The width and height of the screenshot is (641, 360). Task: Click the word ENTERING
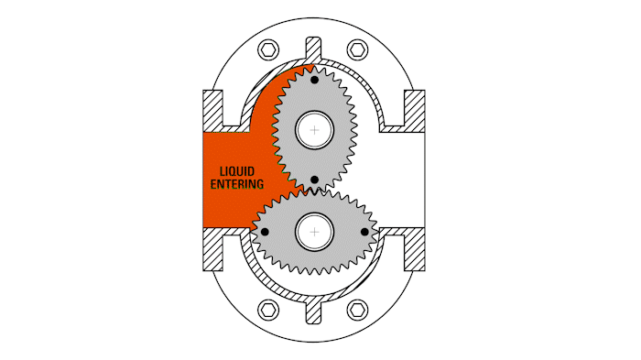tap(236, 184)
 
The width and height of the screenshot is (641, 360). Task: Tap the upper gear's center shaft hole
tap(314, 130)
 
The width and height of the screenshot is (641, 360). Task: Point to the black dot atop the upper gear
tap(314, 81)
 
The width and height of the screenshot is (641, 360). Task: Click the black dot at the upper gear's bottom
tap(314, 180)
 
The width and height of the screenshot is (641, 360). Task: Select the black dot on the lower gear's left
tap(264, 232)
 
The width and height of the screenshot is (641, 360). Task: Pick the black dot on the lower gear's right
tap(364, 232)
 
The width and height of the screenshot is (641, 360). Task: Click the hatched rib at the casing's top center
tap(314, 50)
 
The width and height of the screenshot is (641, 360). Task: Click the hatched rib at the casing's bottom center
tap(314, 310)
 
